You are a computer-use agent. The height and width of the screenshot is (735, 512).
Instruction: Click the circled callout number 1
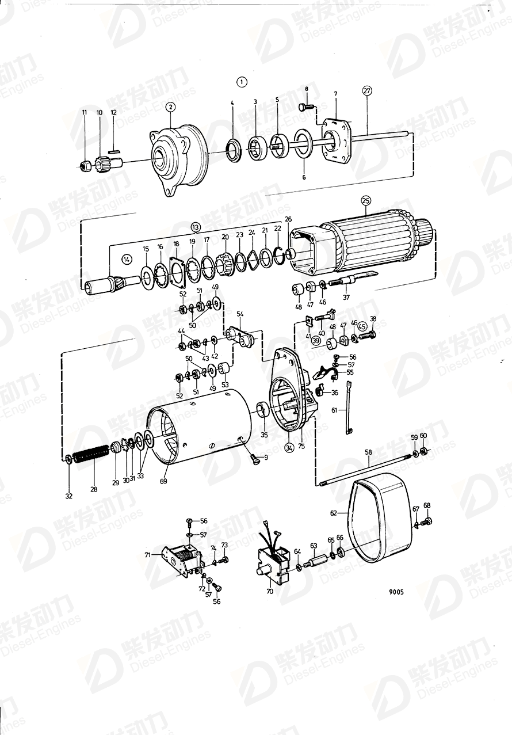click(242, 82)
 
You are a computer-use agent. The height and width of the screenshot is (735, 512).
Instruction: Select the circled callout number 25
click(366, 200)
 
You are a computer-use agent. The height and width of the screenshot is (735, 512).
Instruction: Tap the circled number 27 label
click(368, 90)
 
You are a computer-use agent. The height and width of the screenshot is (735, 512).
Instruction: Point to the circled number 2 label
click(170, 106)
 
